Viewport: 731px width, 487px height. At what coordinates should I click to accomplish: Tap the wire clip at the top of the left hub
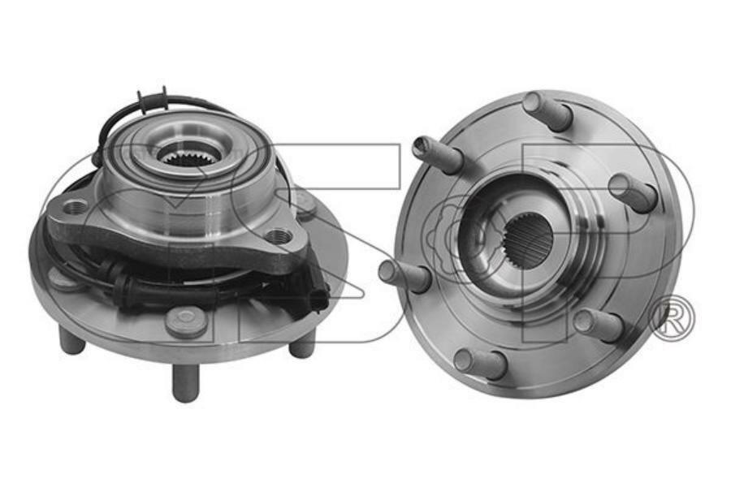(154, 101)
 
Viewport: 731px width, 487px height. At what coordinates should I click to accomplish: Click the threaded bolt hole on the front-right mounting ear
(278, 236)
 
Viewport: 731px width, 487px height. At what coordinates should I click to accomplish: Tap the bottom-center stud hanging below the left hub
(185, 381)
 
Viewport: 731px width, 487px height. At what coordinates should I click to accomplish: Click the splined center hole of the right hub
(528, 240)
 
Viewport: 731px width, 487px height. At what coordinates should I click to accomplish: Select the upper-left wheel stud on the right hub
(437, 153)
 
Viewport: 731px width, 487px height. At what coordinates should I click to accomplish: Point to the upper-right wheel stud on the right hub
(633, 192)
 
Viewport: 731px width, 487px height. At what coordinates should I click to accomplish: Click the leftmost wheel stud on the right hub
(404, 274)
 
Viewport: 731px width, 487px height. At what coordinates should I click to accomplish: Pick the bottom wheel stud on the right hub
(480, 362)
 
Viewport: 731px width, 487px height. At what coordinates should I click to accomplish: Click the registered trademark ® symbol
(672, 319)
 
